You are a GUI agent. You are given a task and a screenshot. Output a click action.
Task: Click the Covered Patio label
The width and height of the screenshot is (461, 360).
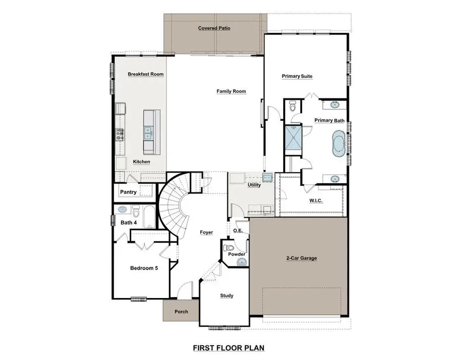tap(214, 28)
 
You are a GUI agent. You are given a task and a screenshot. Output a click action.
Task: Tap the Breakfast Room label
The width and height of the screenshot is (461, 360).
tap(145, 74)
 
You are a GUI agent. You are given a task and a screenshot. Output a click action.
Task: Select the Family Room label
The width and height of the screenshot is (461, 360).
tap(231, 92)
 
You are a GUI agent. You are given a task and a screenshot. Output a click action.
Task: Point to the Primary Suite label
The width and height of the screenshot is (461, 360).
tap(297, 76)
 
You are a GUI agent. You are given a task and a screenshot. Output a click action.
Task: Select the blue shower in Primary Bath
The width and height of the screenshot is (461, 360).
tap(293, 138)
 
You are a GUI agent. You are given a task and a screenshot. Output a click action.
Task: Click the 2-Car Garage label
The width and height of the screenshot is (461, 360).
tap(301, 258)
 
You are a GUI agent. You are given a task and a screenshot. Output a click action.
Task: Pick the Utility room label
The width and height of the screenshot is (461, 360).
tap(254, 185)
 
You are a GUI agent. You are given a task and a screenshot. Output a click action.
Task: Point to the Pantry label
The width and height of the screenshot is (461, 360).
tap(128, 193)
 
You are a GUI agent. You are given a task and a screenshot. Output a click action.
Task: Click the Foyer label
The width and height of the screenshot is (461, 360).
tap(206, 232)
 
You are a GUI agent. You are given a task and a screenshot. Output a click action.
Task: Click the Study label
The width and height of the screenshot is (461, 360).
tap(226, 295)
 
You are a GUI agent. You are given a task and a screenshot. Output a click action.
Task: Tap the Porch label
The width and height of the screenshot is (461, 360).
tap(181, 311)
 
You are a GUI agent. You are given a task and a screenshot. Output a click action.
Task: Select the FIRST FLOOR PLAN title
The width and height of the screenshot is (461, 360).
tap(228, 348)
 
